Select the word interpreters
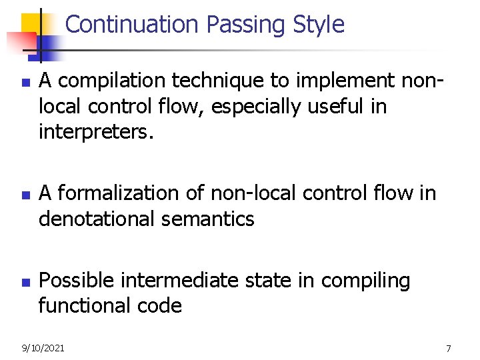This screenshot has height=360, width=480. click(x=96, y=132)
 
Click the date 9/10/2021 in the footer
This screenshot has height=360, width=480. click(x=43, y=348)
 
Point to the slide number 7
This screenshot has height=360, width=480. click(x=448, y=348)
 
